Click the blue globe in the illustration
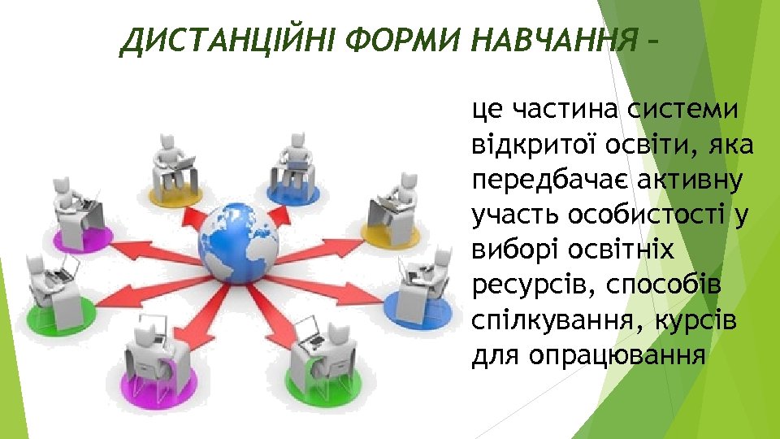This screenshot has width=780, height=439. pyautogui.click(x=239, y=241)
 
